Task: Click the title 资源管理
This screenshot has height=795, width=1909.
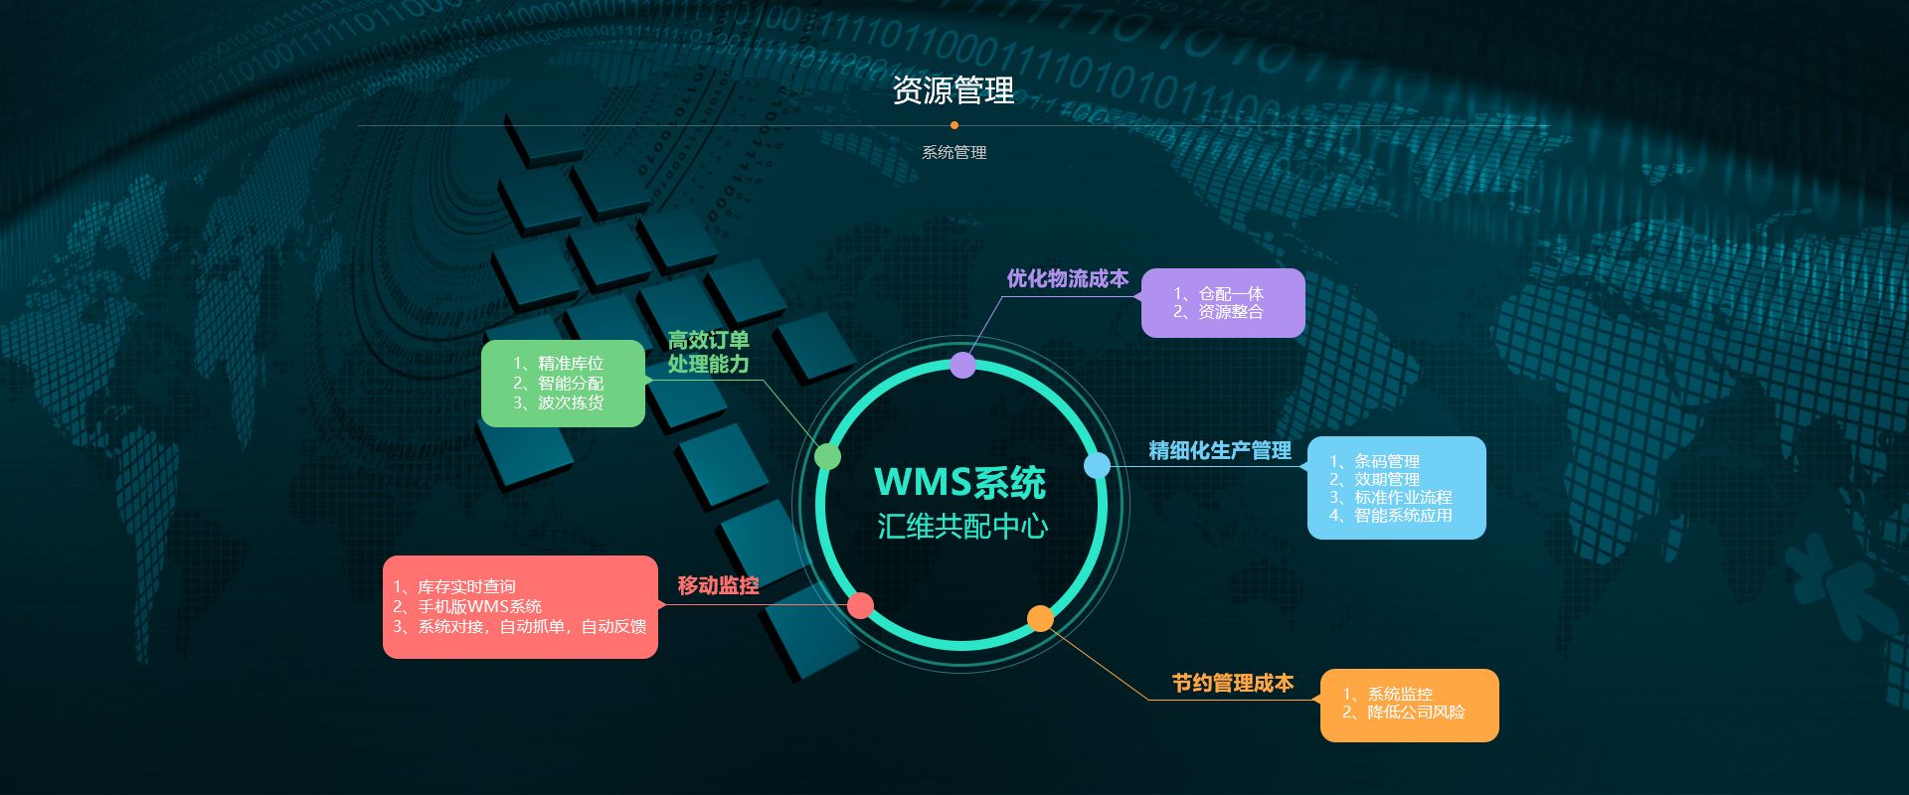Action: coord(954,91)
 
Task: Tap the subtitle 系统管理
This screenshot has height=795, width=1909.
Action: coord(954,153)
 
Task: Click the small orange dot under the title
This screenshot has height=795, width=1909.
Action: coord(954,125)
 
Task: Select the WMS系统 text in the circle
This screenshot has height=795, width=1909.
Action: coord(959,483)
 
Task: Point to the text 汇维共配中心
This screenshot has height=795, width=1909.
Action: coord(962,526)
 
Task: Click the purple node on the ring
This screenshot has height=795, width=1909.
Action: coord(962,365)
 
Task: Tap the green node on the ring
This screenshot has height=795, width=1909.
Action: coord(827,457)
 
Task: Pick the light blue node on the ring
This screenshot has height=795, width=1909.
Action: coord(1097,465)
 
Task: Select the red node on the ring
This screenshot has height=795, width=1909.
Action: coord(860,605)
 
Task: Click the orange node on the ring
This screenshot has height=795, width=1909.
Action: coord(1040,619)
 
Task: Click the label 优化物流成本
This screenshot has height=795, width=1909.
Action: coord(1067,279)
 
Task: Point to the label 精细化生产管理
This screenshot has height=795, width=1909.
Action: coord(1219,451)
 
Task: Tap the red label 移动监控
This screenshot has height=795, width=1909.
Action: coord(718,586)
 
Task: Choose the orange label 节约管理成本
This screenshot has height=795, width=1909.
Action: coord(1232,684)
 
